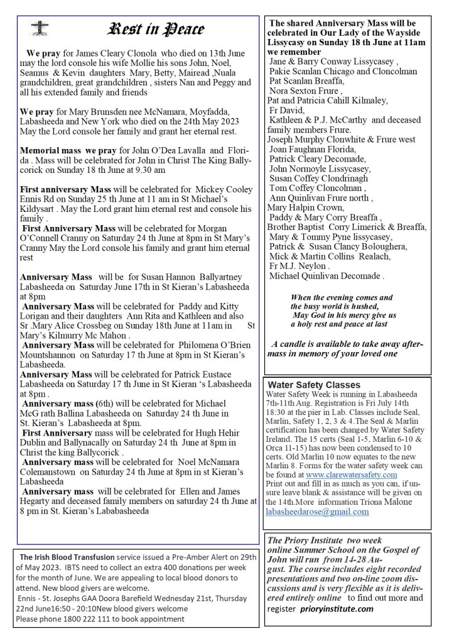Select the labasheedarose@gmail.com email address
tap(317, 512)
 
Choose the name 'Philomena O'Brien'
tap(214, 344)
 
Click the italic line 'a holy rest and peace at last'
tap(339, 324)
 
